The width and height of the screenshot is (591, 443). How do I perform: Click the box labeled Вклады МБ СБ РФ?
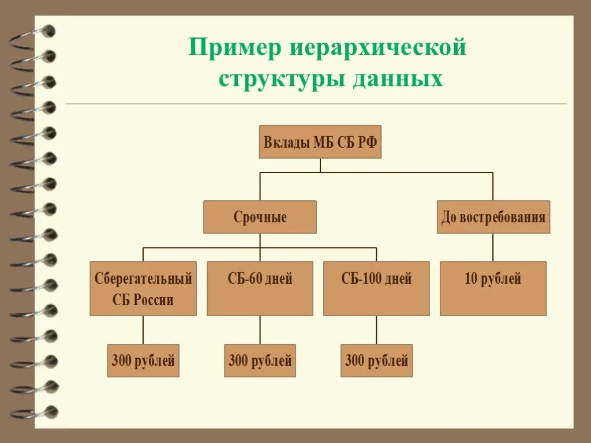point(320,142)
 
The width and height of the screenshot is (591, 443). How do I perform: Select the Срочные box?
point(260,217)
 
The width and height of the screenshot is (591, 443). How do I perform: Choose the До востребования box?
point(493,217)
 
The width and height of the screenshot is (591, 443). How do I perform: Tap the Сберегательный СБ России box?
point(143,288)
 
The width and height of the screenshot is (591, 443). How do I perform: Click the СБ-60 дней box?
point(260,288)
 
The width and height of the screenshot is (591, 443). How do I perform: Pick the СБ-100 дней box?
point(376,288)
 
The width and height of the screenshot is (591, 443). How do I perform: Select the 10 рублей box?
point(493,288)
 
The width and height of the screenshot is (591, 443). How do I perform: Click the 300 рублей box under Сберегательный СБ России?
point(143,361)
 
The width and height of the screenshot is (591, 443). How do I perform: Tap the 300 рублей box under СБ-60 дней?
point(260,361)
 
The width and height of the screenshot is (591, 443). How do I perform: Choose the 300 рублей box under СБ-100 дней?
point(376,361)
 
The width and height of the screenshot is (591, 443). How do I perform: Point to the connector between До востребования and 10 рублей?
point(493,247)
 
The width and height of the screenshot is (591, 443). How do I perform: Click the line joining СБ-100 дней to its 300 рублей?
point(376,330)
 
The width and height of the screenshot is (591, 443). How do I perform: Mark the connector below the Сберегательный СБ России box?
point(143,330)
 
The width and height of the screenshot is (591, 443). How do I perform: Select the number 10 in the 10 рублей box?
point(472,279)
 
